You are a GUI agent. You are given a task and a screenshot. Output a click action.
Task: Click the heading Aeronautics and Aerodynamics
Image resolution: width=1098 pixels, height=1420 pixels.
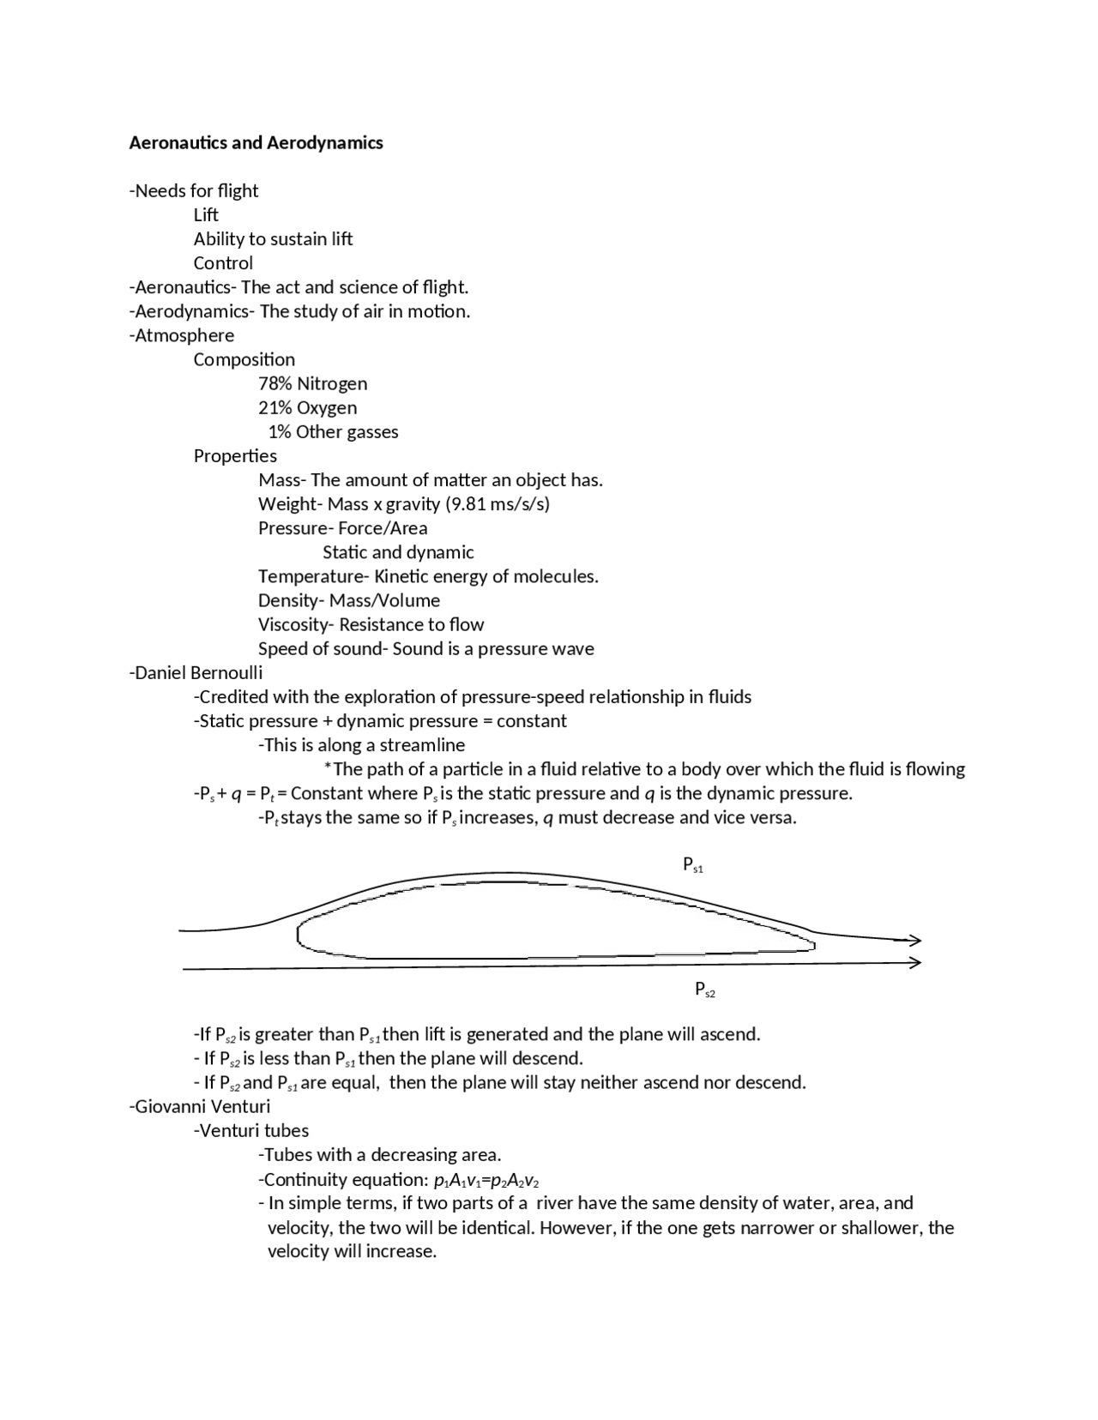tap(256, 142)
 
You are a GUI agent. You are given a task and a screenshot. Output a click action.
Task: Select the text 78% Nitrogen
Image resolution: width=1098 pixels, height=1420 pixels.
tap(312, 383)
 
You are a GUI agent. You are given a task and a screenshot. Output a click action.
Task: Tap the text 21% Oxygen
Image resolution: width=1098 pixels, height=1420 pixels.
tap(307, 407)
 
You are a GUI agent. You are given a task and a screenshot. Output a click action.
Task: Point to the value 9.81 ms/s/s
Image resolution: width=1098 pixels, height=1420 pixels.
tap(498, 503)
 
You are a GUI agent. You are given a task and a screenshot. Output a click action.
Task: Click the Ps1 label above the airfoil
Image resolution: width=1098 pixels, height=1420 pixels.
tap(692, 864)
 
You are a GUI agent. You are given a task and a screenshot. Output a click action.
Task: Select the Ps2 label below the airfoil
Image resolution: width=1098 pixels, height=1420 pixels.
tap(704, 990)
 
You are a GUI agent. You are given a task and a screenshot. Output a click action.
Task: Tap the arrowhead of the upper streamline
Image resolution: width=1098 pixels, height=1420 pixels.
tap(915, 940)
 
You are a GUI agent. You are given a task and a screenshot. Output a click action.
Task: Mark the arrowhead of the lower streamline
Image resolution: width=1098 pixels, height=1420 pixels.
tap(915, 962)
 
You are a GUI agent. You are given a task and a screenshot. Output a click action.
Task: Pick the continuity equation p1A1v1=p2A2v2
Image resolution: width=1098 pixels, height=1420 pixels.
tap(486, 1179)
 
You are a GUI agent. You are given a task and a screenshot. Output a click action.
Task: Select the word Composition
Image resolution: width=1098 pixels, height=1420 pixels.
tap(244, 359)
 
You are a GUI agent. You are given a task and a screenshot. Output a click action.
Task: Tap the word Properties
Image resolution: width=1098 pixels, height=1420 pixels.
tap(235, 455)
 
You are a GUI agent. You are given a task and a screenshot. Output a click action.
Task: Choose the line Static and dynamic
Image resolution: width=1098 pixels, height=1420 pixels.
tap(398, 552)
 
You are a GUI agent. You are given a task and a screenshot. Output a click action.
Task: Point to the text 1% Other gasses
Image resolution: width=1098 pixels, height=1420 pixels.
tap(333, 431)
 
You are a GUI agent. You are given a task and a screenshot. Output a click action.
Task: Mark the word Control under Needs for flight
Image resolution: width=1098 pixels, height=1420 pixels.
tap(223, 262)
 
